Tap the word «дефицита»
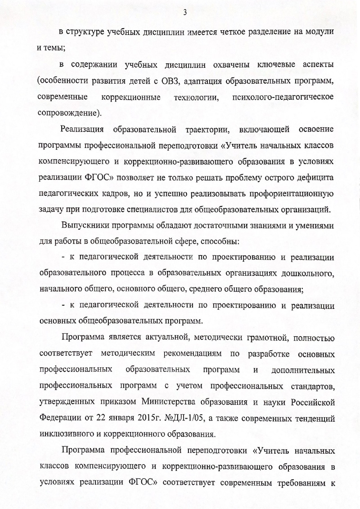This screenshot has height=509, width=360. point(311,178)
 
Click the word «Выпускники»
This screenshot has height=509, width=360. point(87,226)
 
